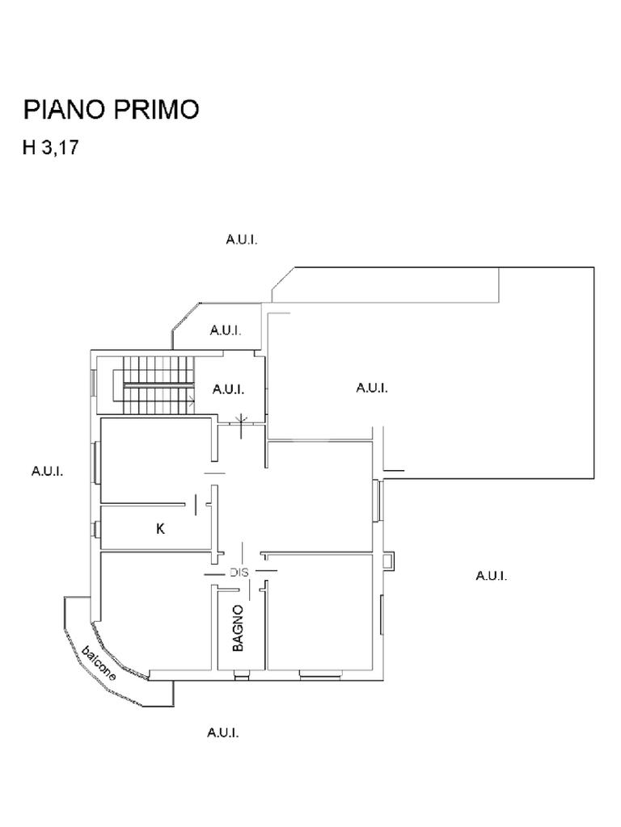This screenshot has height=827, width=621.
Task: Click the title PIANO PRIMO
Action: [111, 110]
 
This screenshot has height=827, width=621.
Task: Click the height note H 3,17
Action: [51, 149]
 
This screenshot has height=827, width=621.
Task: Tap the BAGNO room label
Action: [238, 628]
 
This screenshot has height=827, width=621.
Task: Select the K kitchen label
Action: [160, 530]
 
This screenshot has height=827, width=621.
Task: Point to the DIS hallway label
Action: [239, 573]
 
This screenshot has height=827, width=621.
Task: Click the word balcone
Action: [99, 663]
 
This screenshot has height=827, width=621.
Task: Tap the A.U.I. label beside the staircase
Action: [228, 389]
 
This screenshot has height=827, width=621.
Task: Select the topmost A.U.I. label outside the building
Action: [241, 240]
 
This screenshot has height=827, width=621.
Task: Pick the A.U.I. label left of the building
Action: [47, 471]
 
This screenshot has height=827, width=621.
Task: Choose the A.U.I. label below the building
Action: [222, 733]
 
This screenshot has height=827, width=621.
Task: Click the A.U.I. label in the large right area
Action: [372, 388]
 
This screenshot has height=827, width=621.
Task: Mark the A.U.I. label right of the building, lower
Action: [491, 576]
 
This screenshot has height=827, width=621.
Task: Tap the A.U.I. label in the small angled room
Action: [226, 330]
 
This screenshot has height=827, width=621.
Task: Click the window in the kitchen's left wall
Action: [96, 530]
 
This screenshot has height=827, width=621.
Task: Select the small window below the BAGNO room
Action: [241, 673]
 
